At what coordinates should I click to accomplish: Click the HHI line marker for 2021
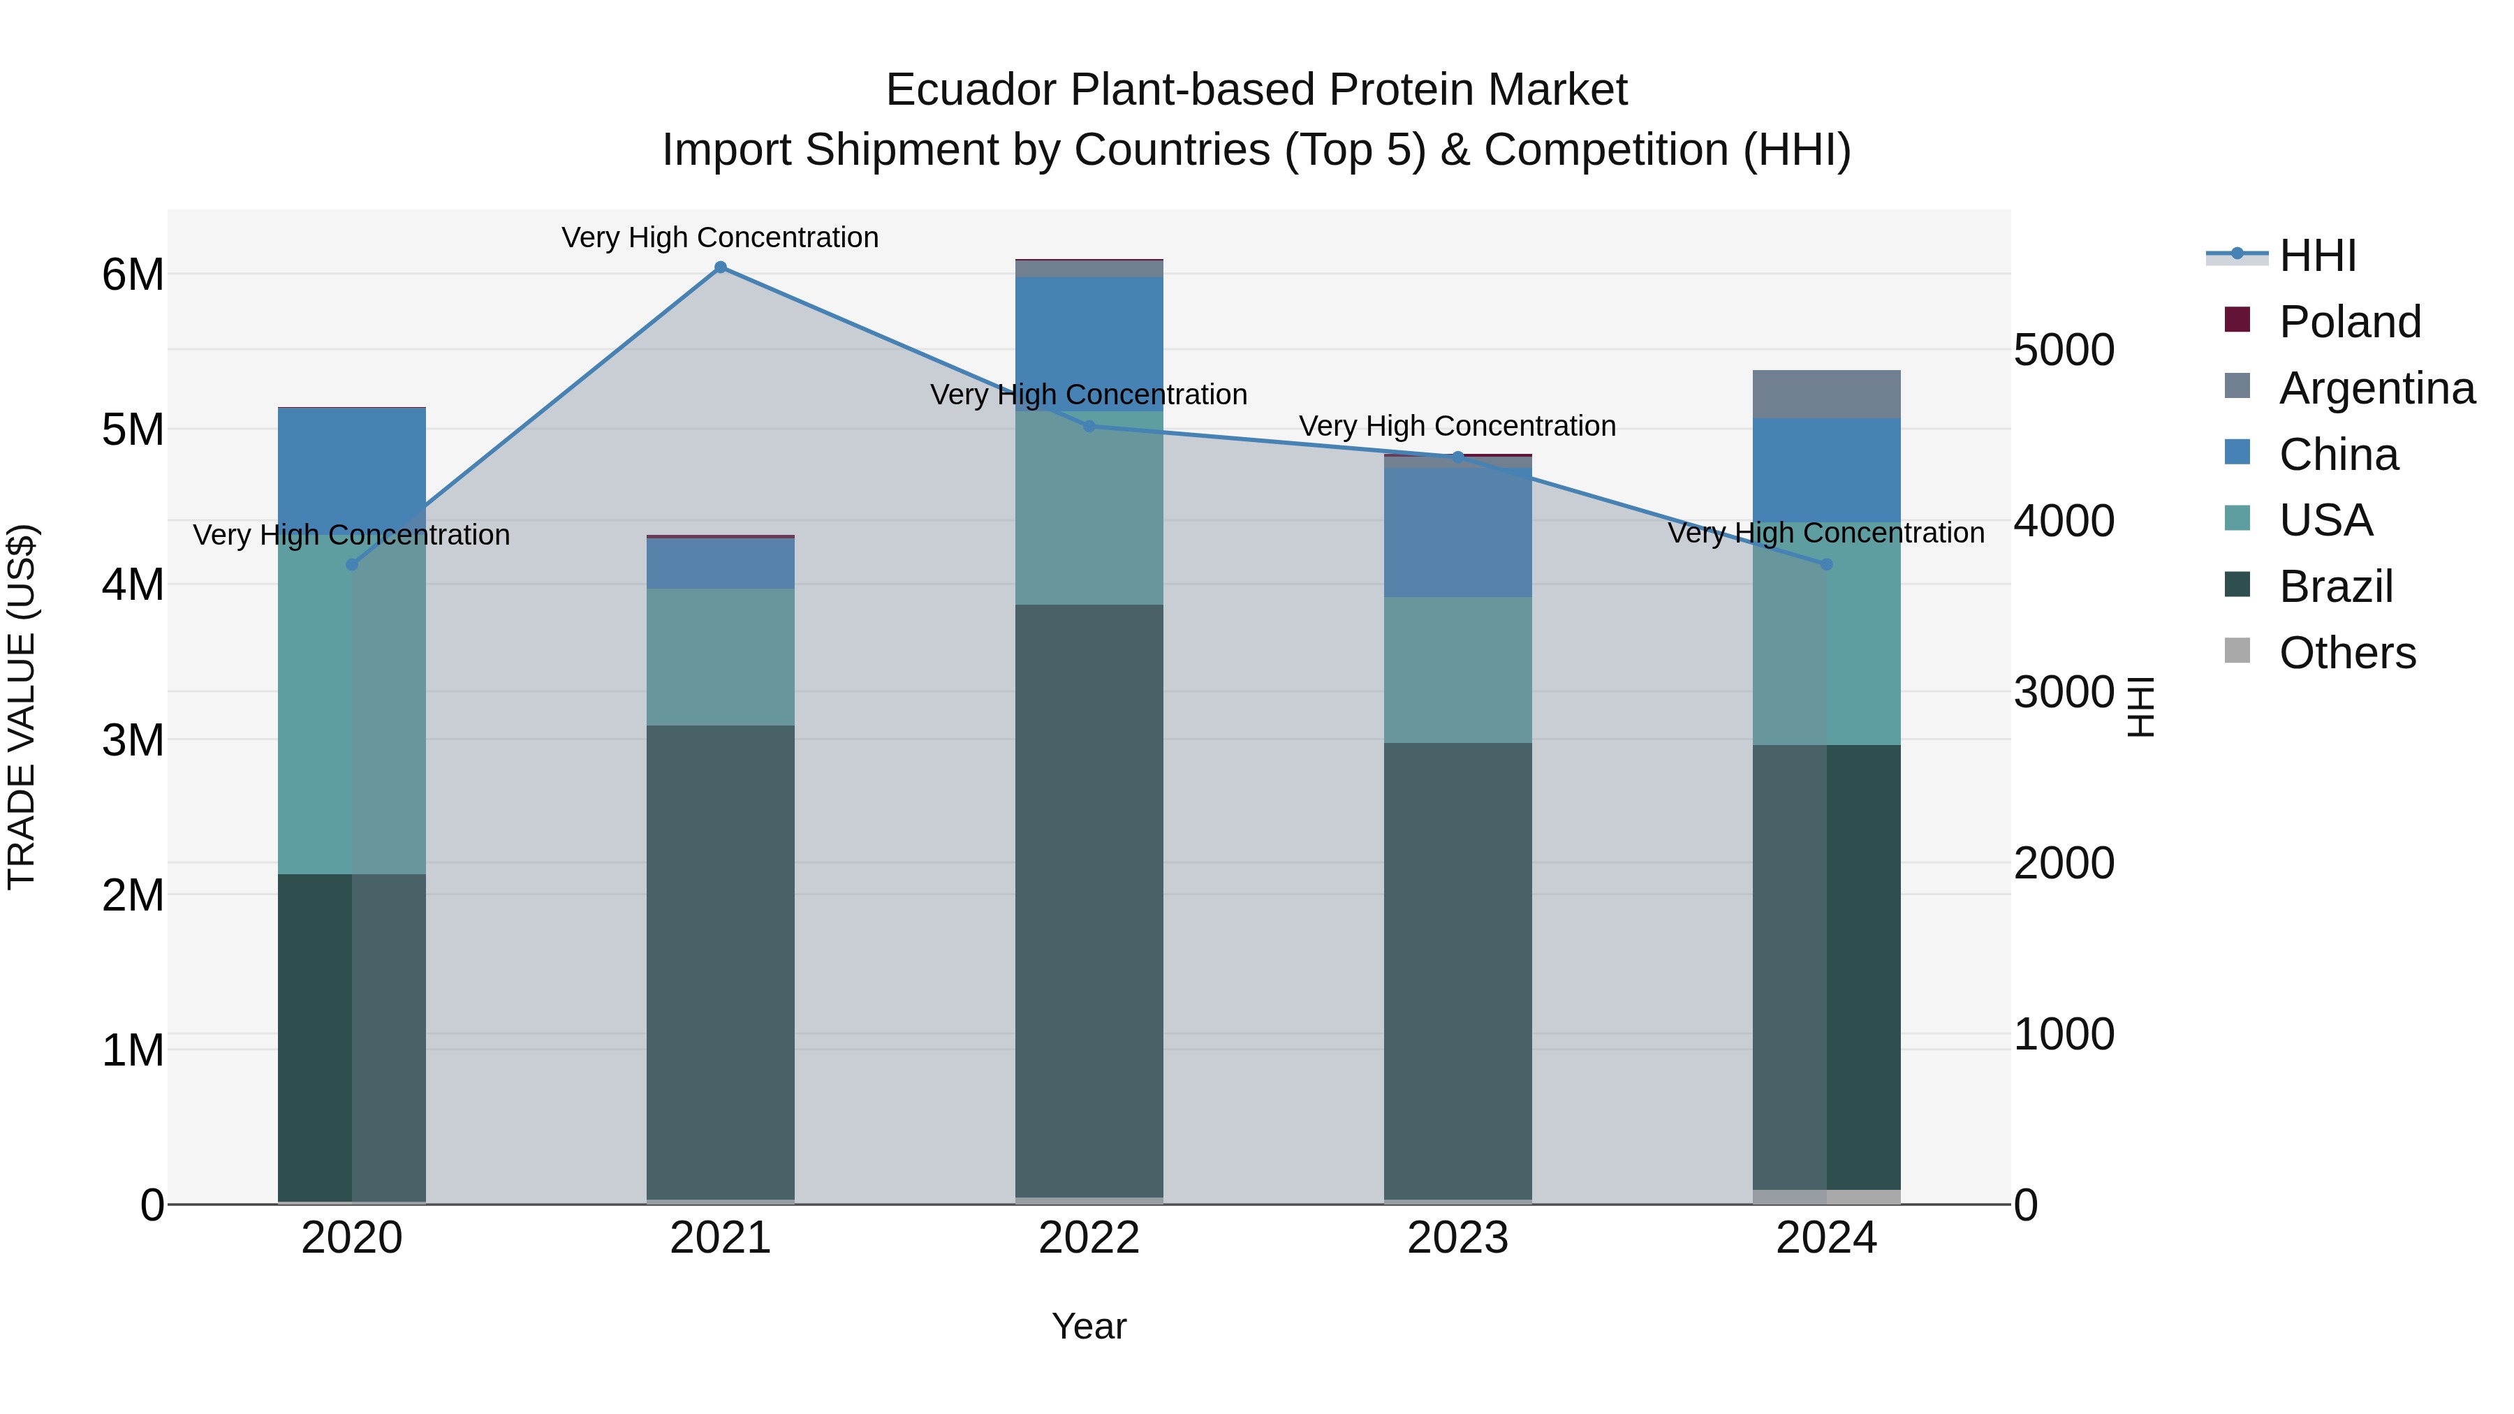[720, 267]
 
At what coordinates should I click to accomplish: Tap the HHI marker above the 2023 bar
[1458, 457]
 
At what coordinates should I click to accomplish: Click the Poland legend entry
[2349, 322]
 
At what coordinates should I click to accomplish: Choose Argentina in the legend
[2376, 388]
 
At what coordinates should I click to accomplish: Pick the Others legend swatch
[2237, 651]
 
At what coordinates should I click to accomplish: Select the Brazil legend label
[2335, 587]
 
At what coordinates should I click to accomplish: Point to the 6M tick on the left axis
[133, 275]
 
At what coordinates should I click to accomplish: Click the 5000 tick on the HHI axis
[2063, 351]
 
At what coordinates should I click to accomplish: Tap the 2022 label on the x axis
[1089, 1238]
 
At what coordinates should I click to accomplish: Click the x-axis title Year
[1089, 1326]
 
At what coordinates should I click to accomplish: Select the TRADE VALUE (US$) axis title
[22, 707]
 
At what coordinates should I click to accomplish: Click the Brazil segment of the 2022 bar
[1089, 898]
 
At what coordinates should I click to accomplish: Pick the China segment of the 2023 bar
[1458, 532]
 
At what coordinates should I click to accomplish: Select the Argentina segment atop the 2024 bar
[1826, 395]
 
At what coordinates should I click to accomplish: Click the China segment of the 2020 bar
[351, 469]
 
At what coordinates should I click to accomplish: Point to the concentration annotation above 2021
[720, 238]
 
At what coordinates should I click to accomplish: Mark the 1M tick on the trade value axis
[133, 1051]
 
